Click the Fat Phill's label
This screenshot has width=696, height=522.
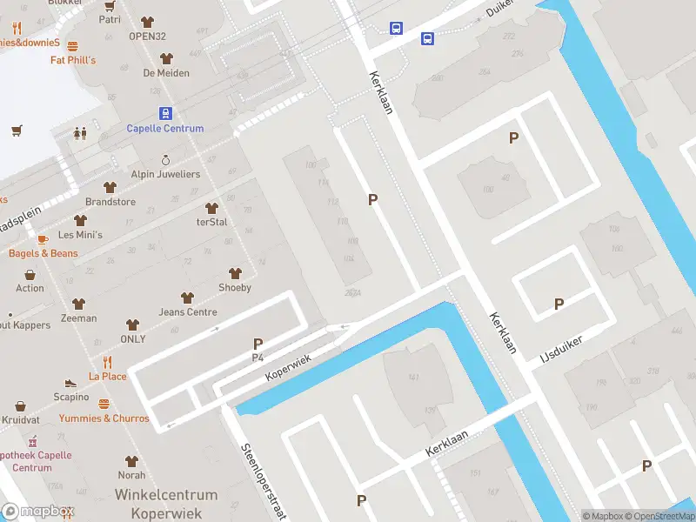click(73, 60)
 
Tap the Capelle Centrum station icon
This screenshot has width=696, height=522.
click(165, 113)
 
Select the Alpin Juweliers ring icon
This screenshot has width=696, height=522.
click(166, 160)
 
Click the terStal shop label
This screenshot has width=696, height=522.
click(211, 222)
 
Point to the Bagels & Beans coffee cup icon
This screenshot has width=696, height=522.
click(42, 239)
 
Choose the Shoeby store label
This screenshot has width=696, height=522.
click(235, 288)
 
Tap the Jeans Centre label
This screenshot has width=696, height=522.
click(188, 312)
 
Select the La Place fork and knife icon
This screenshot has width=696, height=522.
click(108, 362)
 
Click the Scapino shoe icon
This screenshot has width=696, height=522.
click(70, 383)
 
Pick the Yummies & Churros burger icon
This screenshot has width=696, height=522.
click(104, 404)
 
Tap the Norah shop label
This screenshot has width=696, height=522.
click(131, 475)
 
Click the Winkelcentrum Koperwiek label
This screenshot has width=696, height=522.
click(166, 505)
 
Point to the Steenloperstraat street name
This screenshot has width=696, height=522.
click(264, 480)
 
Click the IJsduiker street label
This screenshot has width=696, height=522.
click(572, 346)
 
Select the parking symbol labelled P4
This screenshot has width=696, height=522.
click(258, 345)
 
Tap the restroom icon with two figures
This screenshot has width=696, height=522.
click(80, 134)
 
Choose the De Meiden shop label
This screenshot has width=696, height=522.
click(166, 73)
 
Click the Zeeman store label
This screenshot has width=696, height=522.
click(79, 318)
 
